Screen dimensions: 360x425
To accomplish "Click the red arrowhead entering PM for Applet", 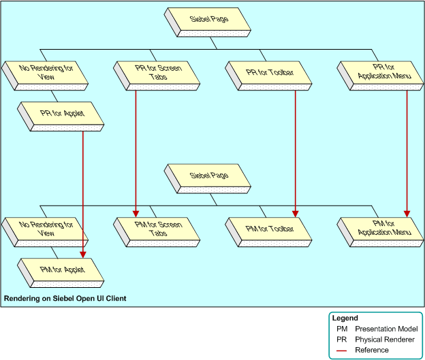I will coord(83,254).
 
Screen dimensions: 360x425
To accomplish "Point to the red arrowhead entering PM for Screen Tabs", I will coord(136,212).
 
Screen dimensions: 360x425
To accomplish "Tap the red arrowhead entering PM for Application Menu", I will coord(407,213).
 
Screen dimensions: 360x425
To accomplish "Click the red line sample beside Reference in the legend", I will coord(341,350).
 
